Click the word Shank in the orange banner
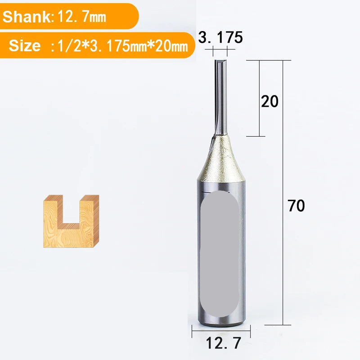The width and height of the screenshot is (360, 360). pos(27,17)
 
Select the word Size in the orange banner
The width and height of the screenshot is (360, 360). pos(25,45)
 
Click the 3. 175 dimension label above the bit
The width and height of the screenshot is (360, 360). pos(220,37)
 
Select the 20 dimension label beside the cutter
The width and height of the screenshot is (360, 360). pos(270,101)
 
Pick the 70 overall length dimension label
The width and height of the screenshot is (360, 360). pos(296,206)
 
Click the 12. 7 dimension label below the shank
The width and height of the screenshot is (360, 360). pos(223,343)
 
